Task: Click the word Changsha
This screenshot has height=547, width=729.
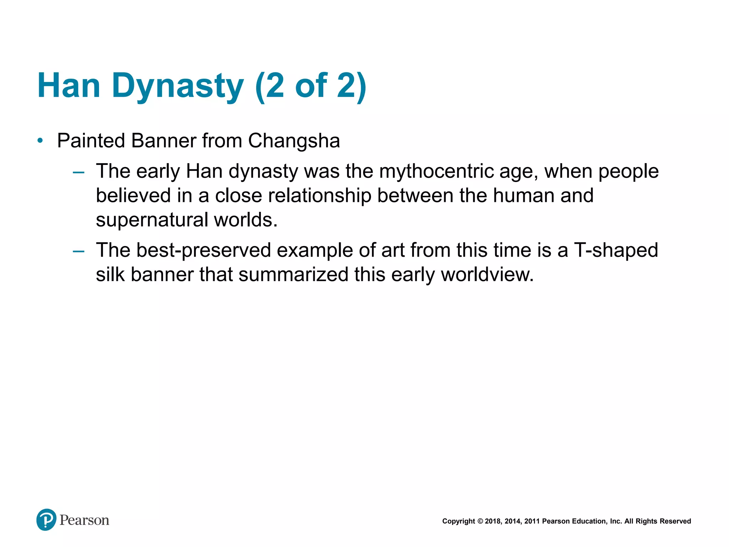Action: click(x=294, y=141)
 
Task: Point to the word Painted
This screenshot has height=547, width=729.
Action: click(x=91, y=141)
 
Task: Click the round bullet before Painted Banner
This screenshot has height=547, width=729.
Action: click(x=40, y=141)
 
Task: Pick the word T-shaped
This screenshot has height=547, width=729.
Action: click(x=616, y=250)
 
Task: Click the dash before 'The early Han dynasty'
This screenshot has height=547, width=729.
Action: click(x=78, y=173)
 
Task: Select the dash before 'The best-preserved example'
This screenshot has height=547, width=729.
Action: click(x=78, y=251)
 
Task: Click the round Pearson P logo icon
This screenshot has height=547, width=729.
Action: click(x=46, y=520)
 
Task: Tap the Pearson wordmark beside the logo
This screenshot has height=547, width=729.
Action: click(x=84, y=520)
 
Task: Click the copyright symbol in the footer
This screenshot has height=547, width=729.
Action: click(x=480, y=521)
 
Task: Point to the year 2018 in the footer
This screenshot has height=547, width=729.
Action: click(x=493, y=521)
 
